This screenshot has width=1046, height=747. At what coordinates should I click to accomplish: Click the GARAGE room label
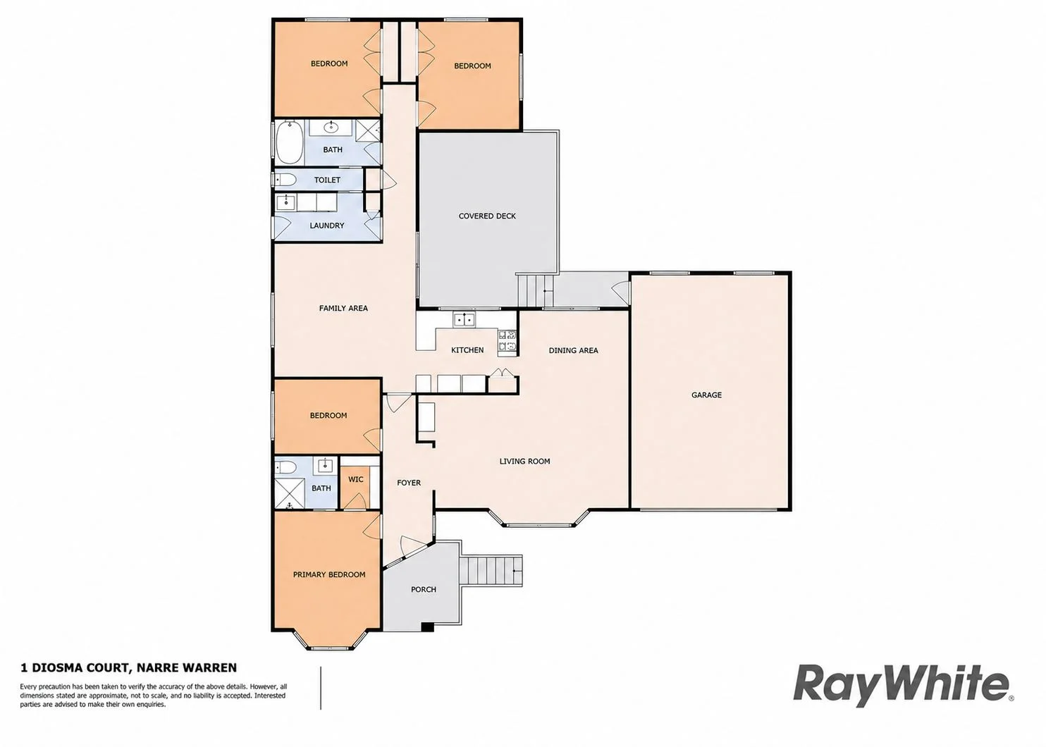[x=706, y=395]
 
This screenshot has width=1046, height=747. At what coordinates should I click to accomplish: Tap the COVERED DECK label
[x=487, y=216]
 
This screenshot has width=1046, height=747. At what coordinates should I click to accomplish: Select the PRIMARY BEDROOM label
[x=329, y=575]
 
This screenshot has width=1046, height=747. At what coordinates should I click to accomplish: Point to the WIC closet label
[x=356, y=479]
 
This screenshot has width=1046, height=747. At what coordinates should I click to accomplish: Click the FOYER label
[x=409, y=483]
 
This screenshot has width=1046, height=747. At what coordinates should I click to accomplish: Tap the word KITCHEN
[x=467, y=350]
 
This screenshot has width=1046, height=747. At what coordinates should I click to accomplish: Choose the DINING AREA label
[x=574, y=351]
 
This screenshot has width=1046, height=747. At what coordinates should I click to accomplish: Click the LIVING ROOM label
[x=525, y=462]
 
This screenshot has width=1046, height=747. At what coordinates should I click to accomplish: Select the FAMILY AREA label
[x=343, y=308]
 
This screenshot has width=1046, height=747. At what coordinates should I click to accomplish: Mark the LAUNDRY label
[x=327, y=226]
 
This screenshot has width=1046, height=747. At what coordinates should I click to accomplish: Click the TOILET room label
[x=327, y=180]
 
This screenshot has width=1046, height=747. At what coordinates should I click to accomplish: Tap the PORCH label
[x=424, y=590]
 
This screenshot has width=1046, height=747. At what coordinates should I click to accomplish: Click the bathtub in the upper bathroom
[x=290, y=142]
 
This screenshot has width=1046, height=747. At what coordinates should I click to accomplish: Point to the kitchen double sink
[x=464, y=320]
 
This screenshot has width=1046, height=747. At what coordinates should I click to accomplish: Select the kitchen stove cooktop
[x=507, y=340]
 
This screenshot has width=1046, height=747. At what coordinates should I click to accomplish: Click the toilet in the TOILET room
[x=285, y=180]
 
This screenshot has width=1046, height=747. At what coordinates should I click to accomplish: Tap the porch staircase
[x=491, y=571]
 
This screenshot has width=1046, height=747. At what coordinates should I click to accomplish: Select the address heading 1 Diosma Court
[x=128, y=667]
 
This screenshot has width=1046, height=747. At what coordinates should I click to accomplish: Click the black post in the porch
[x=427, y=627]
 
